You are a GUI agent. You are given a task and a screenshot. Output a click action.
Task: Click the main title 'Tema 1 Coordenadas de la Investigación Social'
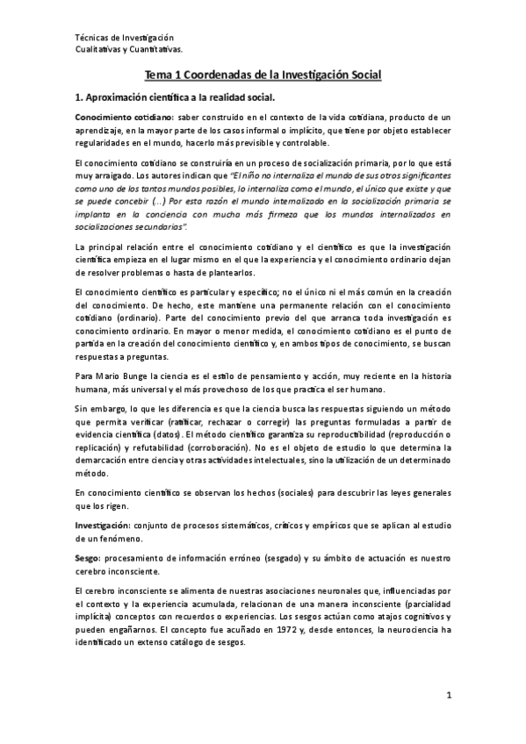click(x=263, y=75)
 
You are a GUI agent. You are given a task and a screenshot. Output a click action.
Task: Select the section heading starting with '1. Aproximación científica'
click(x=175, y=97)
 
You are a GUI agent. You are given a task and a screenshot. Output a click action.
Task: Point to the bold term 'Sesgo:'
click(x=89, y=557)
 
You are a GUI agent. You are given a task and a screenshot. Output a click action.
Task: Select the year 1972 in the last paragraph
click(x=295, y=629)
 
